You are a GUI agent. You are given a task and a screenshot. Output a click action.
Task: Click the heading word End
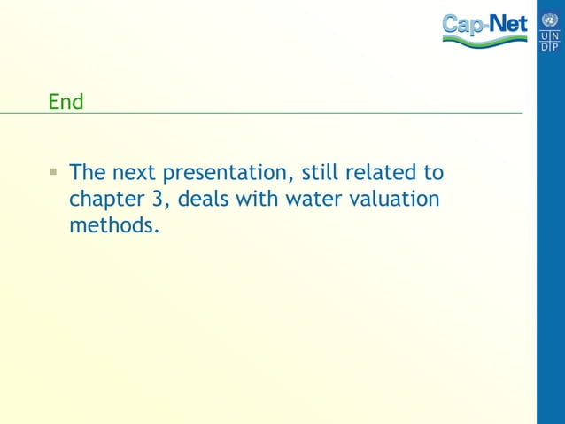(66, 102)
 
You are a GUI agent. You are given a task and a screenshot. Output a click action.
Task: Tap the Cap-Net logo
(484, 28)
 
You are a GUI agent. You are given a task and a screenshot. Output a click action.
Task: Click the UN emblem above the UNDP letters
(550, 18)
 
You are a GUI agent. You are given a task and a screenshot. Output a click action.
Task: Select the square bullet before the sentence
(54, 170)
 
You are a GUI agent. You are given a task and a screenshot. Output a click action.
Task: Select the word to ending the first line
(434, 172)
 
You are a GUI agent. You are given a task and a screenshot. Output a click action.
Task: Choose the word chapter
(101, 199)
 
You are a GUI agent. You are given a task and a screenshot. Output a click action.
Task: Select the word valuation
(395, 199)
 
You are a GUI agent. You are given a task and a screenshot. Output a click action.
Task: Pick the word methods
(113, 225)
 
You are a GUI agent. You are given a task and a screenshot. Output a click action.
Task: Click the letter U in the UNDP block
(545, 35)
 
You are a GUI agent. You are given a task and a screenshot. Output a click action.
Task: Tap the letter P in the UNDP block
(555, 45)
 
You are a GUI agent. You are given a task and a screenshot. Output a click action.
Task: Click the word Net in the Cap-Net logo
(508, 24)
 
